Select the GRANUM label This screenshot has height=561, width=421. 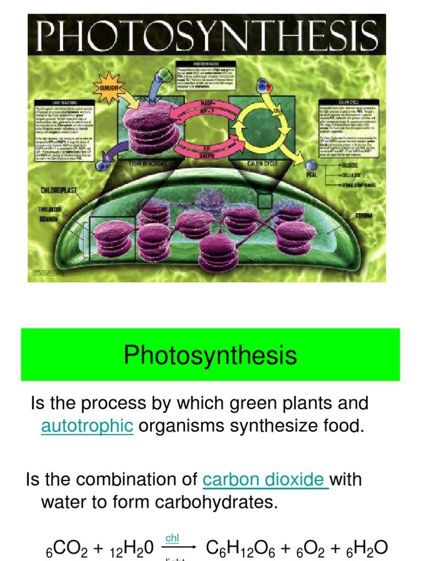[x=50, y=217]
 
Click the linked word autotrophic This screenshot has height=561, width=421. [x=87, y=426]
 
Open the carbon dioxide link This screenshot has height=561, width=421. [x=264, y=479]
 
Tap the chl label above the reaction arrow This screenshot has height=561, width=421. [x=172, y=538]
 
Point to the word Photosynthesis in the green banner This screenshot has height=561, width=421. [x=210, y=354]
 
